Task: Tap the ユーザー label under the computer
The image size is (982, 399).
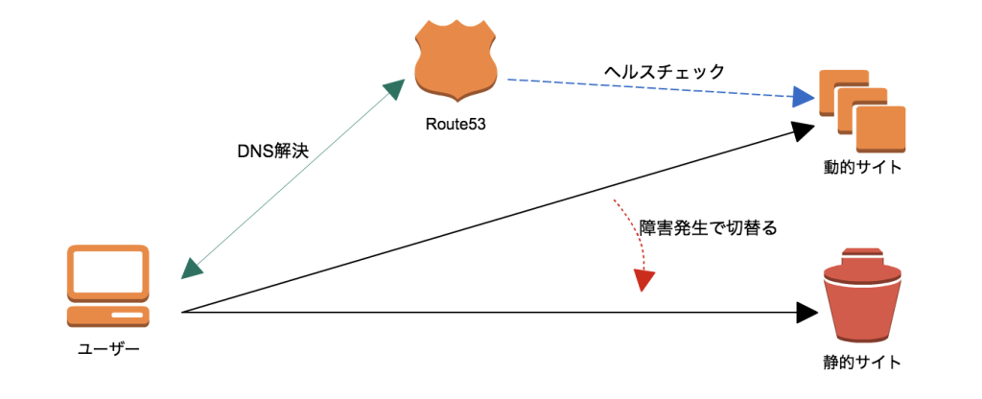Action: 108,348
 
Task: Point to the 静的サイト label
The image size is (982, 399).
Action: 863,362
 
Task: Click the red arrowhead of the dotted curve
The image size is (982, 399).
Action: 644,280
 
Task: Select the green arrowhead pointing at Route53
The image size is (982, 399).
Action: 394,91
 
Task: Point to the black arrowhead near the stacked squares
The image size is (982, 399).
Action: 803,130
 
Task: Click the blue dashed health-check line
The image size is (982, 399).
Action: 652,88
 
